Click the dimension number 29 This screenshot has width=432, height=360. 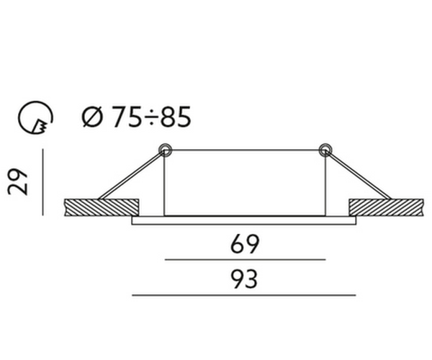17,182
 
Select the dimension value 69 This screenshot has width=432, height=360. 245,244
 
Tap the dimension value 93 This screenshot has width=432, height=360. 244,279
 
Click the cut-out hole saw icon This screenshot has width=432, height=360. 35,117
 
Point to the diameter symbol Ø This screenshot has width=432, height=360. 92,117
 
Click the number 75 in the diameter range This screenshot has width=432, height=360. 127,117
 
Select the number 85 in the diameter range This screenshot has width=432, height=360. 176,117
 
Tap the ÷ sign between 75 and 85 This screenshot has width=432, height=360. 151,117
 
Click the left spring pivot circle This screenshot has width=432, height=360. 165,150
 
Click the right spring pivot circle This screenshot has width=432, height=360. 325,150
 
